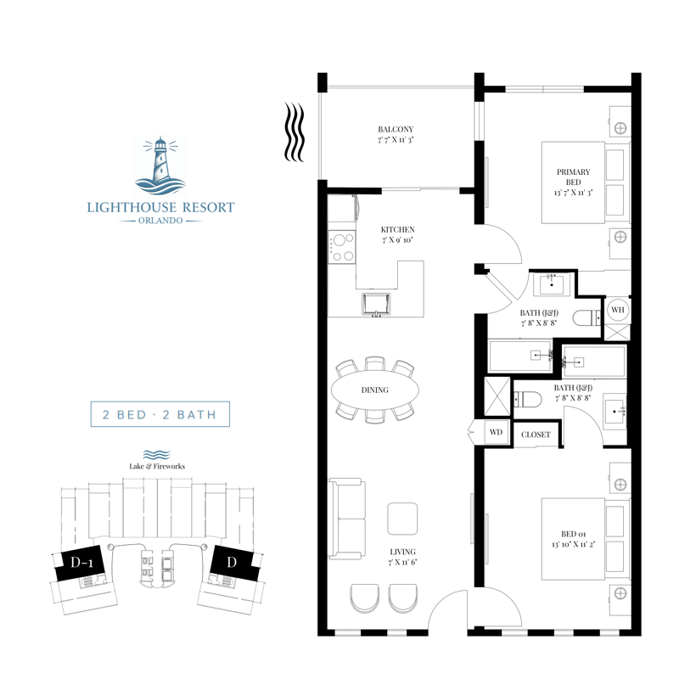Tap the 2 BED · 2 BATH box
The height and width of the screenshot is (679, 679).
[160, 416]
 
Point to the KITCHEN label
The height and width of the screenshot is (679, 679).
[396, 230]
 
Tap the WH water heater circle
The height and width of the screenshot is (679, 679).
[617, 309]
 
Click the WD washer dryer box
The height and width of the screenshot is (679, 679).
[496, 431]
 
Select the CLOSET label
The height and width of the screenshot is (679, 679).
[536, 435]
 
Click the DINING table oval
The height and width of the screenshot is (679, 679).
[374, 390]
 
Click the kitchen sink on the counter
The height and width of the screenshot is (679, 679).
[375, 302]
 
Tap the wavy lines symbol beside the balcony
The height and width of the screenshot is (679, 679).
[294, 132]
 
